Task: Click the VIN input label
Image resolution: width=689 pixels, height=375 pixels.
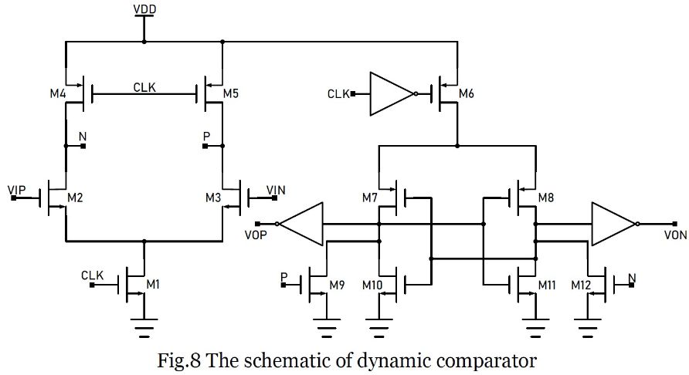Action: tap(276, 189)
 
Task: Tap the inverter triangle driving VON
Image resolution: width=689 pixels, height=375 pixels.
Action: tap(613, 224)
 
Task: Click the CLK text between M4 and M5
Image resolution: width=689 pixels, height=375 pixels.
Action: tap(144, 88)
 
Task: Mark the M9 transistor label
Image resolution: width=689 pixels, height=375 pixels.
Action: tap(337, 285)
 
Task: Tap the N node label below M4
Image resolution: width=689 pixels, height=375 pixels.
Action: tap(83, 136)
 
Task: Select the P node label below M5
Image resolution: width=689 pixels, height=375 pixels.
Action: tap(205, 136)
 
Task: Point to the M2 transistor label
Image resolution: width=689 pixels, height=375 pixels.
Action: tap(75, 198)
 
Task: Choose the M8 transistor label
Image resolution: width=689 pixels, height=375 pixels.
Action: tap(547, 198)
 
